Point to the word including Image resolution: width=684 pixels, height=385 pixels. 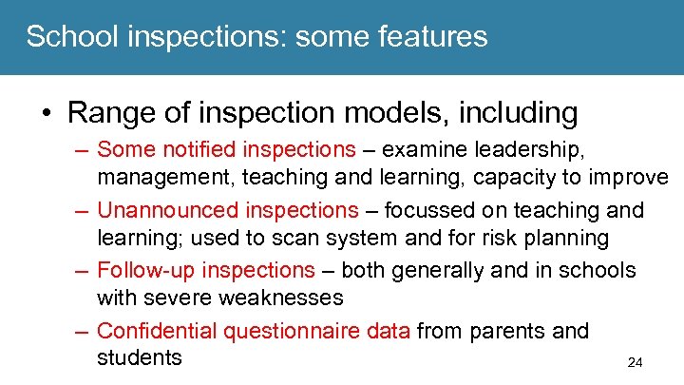click(518, 113)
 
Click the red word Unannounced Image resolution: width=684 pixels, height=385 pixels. click(168, 210)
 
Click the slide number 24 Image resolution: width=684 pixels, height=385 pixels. click(636, 362)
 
